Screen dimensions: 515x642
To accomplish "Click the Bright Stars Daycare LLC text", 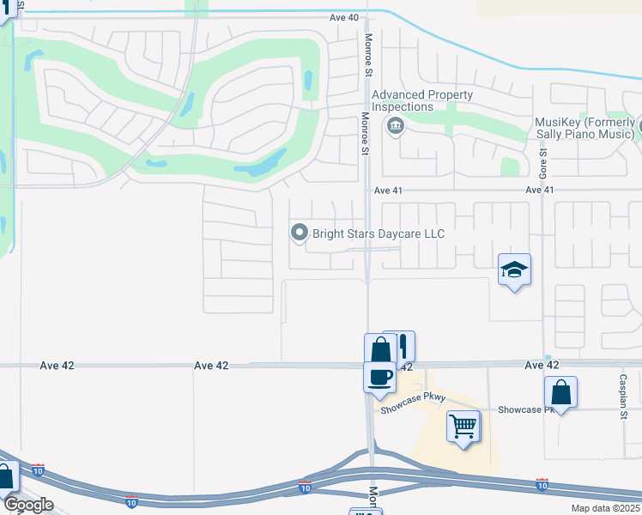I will pos(379,233).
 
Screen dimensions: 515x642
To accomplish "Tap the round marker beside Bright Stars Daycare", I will pos(299,233).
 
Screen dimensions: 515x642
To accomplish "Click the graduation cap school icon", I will pos(514,270).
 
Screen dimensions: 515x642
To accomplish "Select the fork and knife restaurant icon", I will pos(399,346).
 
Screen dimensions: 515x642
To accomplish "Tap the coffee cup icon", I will pos(379,376).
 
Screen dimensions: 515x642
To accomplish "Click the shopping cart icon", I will pos(463,424).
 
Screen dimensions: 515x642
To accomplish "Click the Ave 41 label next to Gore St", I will pos(540,190).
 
